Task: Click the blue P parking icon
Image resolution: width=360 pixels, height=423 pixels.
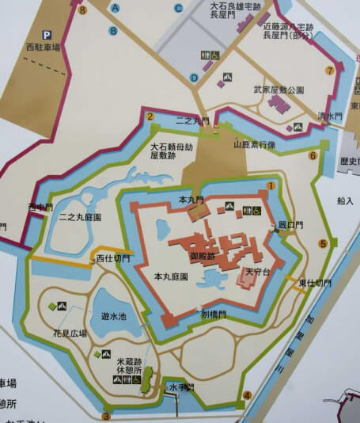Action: (x=47, y=35)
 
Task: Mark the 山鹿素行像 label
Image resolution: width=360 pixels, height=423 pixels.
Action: (x=253, y=146)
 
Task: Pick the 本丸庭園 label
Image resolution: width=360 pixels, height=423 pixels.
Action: (x=170, y=276)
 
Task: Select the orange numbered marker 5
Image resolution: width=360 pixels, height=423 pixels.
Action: (x=322, y=243)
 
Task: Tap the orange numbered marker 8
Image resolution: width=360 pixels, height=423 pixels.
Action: (x=82, y=10)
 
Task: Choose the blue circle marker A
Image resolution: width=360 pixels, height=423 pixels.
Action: (x=116, y=8)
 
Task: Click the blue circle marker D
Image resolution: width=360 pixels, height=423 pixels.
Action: (x=194, y=77)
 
